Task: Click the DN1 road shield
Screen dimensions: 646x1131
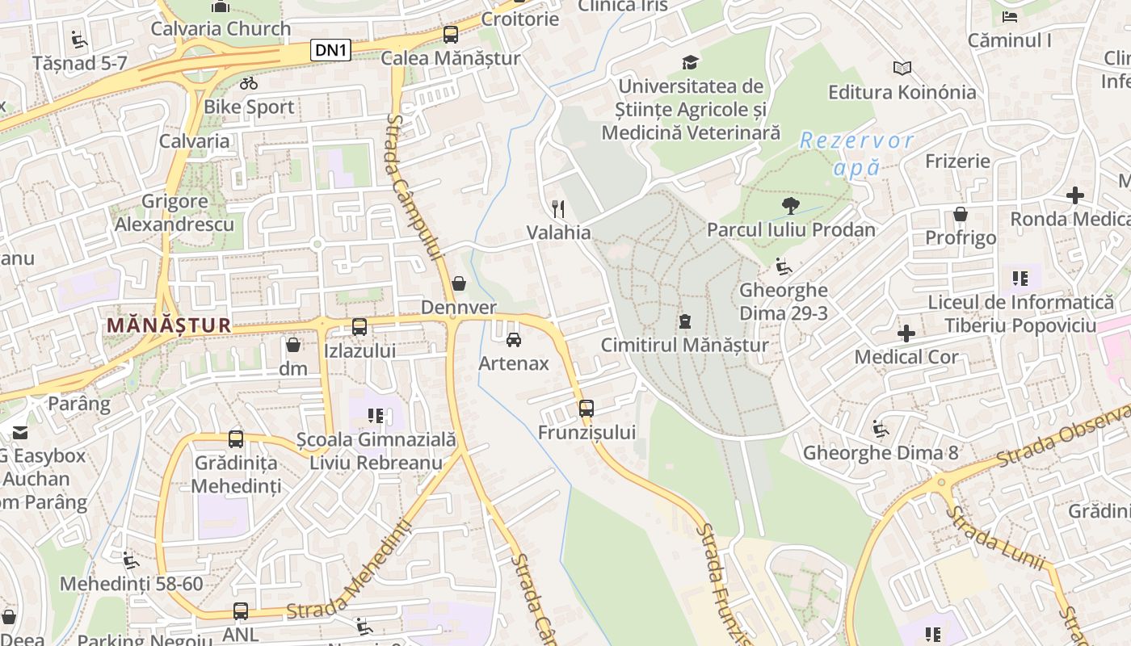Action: [x=331, y=50]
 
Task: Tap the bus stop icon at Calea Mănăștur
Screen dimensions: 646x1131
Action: [x=451, y=35]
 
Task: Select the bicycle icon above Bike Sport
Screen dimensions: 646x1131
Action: [x=249, y=83]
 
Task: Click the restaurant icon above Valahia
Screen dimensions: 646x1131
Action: [x=558, y=209]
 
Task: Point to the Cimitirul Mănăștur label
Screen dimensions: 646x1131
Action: [x=684, y=346]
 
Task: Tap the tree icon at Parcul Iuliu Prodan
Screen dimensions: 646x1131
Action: [x=790, y=207]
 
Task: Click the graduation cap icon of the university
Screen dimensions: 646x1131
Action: [x=690, y=62]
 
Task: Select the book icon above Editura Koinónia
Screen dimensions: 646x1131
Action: [x=902, y=69]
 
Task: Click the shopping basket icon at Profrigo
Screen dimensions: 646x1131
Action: [x=961, y=214]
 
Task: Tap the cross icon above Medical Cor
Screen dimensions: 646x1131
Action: [x=906, y=333]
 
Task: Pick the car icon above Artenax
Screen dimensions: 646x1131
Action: [x=513, y=340]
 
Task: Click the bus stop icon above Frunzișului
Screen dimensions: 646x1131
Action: [x=587, y=408]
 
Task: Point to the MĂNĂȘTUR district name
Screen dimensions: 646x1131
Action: [x=169, y=325]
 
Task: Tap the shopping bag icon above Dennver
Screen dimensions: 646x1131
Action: [x=459, y=283]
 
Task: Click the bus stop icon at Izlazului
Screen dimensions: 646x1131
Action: [x=359, y=327]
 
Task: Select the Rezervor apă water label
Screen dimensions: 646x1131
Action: [x=856, y=153]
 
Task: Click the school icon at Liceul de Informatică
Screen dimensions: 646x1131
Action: [x=1020, y=279]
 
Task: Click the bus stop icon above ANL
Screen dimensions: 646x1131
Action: [x=241, y=611]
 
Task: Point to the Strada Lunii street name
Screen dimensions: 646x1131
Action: [x=995, y=539]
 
